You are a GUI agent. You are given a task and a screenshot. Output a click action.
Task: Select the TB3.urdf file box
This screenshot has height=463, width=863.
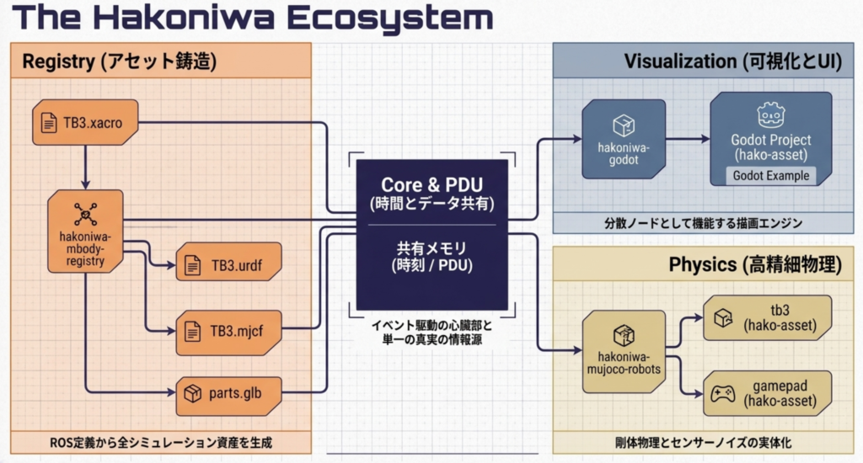click(x=228, y=266)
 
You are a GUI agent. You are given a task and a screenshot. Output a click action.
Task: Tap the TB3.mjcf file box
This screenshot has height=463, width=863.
click(x=228, y=331)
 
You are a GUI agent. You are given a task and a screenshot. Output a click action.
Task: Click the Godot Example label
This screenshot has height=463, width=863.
click(x=770, y=176)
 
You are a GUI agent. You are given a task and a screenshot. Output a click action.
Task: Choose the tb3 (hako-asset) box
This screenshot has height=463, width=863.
click(x=767, y=318)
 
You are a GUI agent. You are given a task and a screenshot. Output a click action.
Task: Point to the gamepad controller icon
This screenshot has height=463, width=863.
click(x=722, y=393)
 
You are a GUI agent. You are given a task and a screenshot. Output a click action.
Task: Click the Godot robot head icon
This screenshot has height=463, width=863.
click(x=770, y=114)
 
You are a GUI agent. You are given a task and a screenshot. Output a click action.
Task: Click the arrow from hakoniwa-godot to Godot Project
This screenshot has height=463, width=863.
click(x=687, y=139)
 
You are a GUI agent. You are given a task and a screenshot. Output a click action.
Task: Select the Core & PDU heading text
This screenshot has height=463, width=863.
click(x=431, y=184)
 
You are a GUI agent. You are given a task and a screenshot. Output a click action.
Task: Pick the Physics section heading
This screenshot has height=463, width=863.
click(x=754, y=264)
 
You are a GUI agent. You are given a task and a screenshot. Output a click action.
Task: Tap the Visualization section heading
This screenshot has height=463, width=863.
click(x=732, y=61)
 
